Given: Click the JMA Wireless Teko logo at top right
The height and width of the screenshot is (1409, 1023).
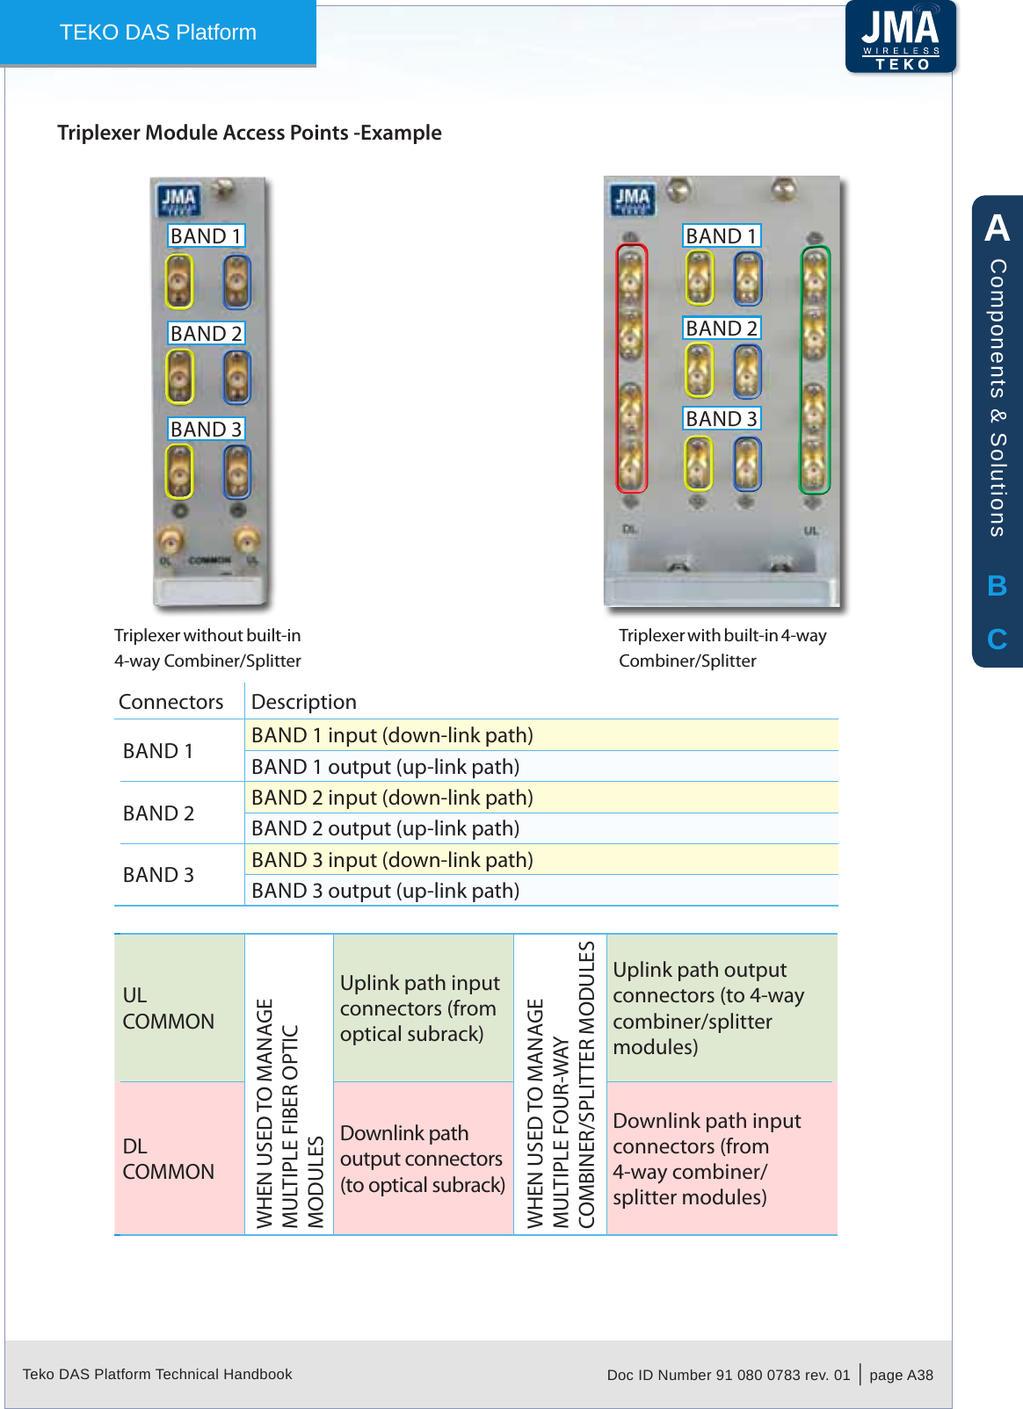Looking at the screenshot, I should pyautogui.click(x=901, y=37).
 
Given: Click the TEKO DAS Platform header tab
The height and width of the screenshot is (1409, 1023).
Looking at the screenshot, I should pyautogui.click(x=158, y=33).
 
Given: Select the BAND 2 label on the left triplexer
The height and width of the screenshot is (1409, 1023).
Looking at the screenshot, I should pyautogui.click(x=206, y=334).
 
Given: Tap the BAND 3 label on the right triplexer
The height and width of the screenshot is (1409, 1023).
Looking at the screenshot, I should pyautogui.click(x=722, y=419).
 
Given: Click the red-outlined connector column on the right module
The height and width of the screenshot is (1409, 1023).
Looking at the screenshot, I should pyautogui.click(x=631, y=367).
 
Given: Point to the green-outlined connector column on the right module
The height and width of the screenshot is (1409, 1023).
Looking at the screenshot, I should pyautogui.click(x=815, y=369).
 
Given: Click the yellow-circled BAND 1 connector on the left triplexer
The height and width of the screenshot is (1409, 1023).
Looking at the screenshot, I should pyautogui.click(x=179, y=282).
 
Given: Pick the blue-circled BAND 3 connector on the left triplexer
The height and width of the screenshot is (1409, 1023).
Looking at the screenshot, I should pyautogui.click(x=236, y=472).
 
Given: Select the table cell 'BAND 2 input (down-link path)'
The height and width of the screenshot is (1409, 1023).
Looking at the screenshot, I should pyautogui.click(x=392, y=798).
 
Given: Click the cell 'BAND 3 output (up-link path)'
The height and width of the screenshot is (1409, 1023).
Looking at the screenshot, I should pyautogui.click(x=385, y=891).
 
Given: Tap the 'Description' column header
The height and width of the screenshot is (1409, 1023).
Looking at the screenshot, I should pyautogui.click(x=304, y=702).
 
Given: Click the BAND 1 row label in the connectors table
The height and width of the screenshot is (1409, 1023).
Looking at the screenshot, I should pyautogui.click(x=158, y=751).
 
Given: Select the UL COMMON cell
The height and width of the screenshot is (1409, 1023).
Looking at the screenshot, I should pyautogui.click(x=169, y=1008).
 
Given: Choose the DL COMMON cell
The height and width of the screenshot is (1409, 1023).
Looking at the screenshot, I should pyautogui.click(x=169, y=1159).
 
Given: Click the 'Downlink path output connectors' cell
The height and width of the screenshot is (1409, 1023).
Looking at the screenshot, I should pyautogui.click(x=422, y=1159).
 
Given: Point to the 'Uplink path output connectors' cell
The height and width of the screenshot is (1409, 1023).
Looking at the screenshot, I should pyautogui.click(x=708, y=1008).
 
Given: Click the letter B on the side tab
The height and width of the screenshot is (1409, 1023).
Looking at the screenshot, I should pyautogui.click(x=997, y=586).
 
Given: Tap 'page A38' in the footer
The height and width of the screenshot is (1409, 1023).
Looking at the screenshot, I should pyautogui.click(x=901, y=1375).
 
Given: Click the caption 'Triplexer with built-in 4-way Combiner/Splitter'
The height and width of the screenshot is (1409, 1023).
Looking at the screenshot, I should pyautogui.click(x=722, y=647).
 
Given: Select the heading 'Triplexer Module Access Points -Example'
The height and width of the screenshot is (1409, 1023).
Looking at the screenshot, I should pyautogui.click(x=250, y=133).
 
